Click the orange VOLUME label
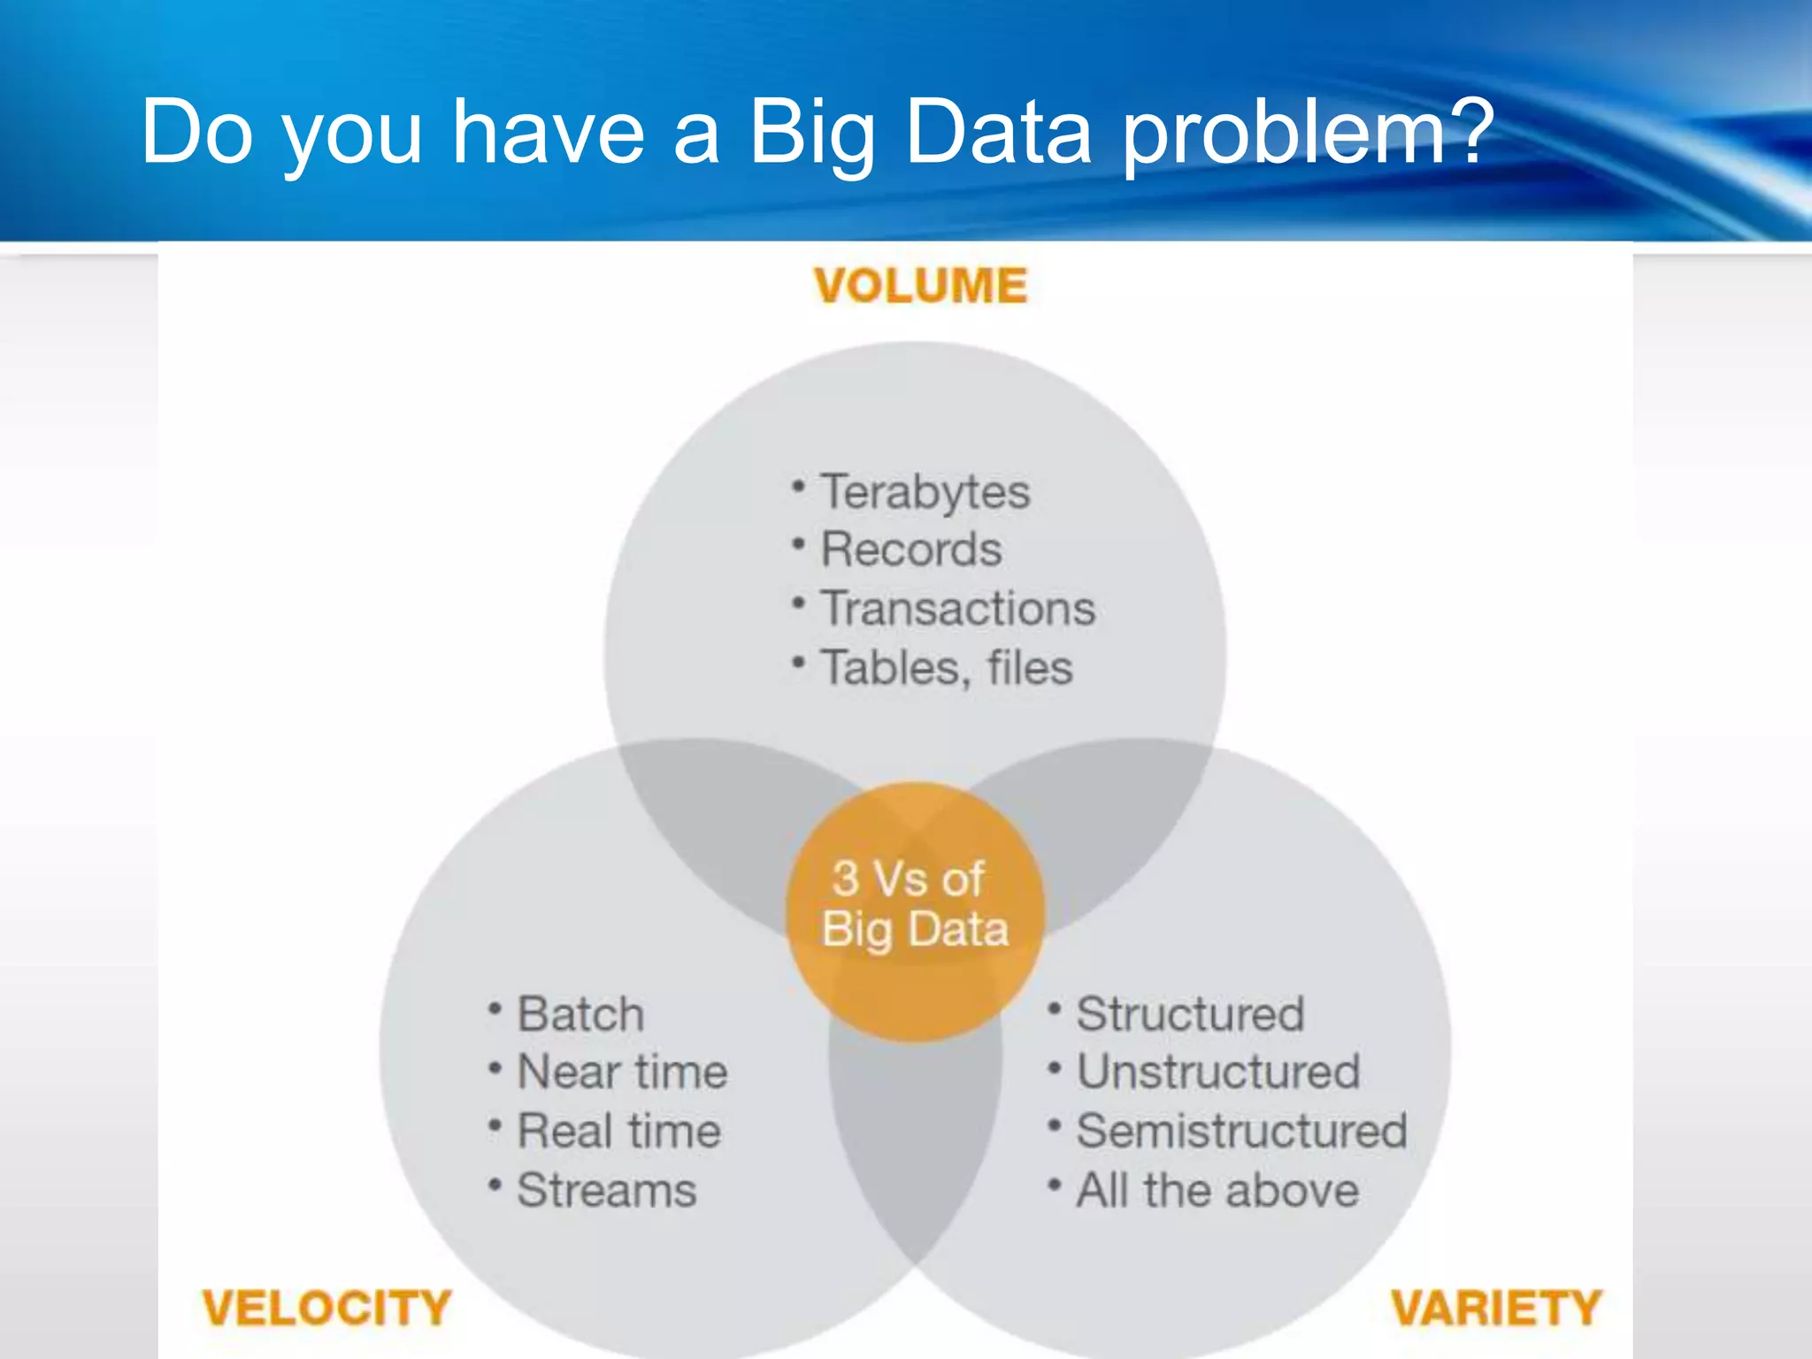pyautogui.click(x=920, y=286)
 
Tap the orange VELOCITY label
pyautogui.click(x=326, y=1308)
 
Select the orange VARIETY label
pyautogui.click(x=1496, y=1308)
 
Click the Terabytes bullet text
pyautogui.click(x=925, y=492)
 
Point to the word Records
pyautogui.click(x=911, y=549)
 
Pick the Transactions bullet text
pyautogui.click(x=958, y=609)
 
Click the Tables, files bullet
pyautogui.click(x=947, y=667)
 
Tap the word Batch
pyautogui.click(x=580, y=1014)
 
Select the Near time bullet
pyautogui.click(x=622, y=1072)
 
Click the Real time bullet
pyautogui.click(x=618, y=1132)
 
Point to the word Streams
pyautogui.click(x=607, y=1190)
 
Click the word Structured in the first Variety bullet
pyautogui.click(x=1190, y=1014)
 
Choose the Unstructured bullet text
pyautogui.click(x=1217, y=1072)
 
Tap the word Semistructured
pyautogui.click(x=1241, y=1132)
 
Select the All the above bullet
pyautogui.click(x=1217, y=1190)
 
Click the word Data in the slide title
pyautogui.click(x=999, y=133)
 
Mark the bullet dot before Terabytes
pyautogui.click(x=799, y=487)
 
